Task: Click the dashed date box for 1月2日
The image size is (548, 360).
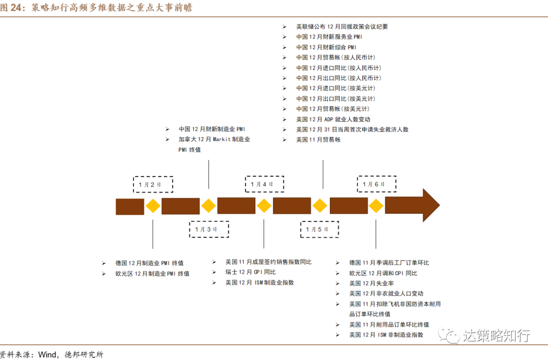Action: point(153,184)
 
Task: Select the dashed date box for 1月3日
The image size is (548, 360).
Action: point(209,230)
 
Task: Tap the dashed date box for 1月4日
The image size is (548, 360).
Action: point(264,184)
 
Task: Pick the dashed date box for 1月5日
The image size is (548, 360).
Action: point(320,230)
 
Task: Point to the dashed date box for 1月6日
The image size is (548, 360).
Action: point(376,184)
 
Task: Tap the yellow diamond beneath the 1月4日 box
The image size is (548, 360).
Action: point(264,206)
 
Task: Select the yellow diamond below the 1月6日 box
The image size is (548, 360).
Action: point(376,206)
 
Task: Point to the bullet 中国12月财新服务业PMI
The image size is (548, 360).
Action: point(329,37)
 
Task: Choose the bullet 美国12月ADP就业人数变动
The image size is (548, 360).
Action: point(333,119)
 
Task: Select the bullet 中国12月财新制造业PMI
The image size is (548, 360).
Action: point(212,129)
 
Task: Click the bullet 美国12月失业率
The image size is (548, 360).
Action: point(371,283)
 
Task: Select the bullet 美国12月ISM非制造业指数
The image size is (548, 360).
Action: point(386,335)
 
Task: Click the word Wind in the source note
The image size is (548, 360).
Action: point(49,354)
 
